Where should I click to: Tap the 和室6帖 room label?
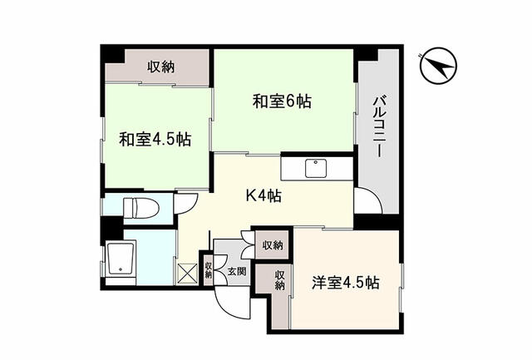(x=283, y=102)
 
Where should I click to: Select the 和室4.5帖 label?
(x=154, y=138)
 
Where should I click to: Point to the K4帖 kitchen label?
(x=262, y=196)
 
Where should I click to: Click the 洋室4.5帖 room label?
(x=346, y=282)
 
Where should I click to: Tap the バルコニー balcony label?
(x=377, y=130)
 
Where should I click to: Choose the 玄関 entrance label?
(x=236, y=271)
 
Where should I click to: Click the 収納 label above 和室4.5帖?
(x=161, y=67)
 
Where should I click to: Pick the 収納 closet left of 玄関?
(x=207, y=270)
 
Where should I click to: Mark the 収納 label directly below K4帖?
(x=272, y=245)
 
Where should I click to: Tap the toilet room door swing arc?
(x=187, y=205)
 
